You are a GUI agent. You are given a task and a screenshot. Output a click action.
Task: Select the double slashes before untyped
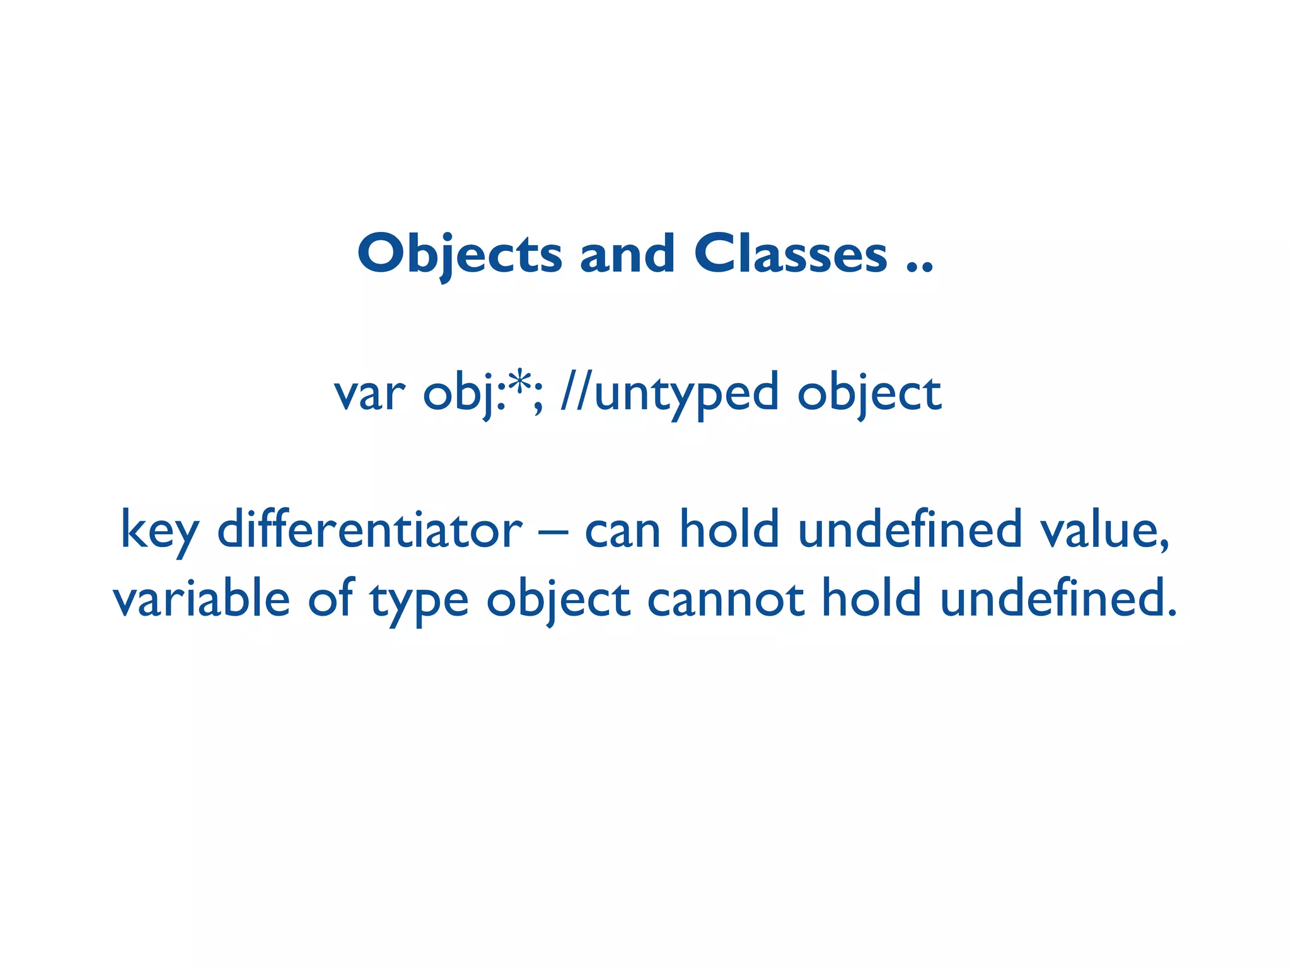[x=576, y=392]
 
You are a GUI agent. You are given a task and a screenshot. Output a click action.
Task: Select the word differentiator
[x=369, y=529]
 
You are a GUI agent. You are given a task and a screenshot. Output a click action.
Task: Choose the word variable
[x=201, y=599]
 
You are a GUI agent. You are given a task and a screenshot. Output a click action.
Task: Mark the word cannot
[x=726, y=599]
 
